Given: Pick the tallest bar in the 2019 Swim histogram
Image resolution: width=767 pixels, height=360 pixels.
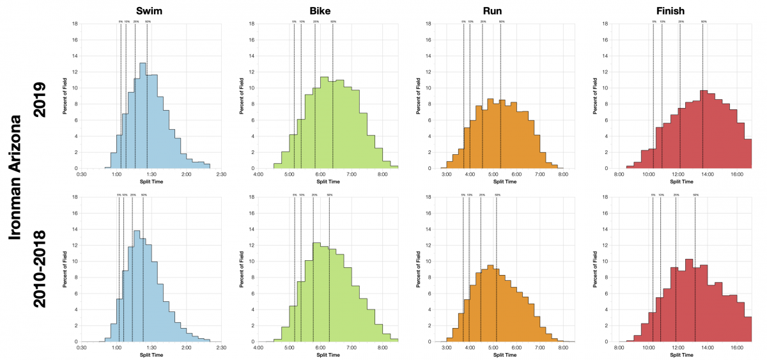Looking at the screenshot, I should [143, 116].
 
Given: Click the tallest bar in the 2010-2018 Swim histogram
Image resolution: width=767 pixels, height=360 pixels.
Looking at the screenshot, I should [136, 286].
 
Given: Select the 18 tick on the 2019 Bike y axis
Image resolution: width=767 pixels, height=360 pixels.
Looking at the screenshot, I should [252, 24].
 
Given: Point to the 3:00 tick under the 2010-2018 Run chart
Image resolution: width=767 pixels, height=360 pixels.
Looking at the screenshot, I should [447, 348].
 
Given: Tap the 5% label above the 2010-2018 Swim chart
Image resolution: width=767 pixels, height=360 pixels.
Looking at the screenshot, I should [119, 194].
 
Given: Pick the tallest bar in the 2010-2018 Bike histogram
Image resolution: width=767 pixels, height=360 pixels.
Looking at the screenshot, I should [316, 292].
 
